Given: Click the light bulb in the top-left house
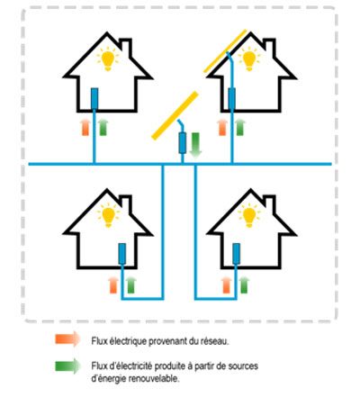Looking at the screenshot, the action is coord(108,59).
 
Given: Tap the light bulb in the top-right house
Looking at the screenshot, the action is coord(248,59).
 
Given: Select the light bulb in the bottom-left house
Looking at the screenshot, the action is coord(108,216).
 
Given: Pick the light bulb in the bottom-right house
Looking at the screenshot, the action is coord(249,216).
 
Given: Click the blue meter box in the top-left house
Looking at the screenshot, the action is coord(94,98).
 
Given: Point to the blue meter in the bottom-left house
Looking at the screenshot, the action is coord(121,254).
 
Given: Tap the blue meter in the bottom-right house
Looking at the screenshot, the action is coord(236,254).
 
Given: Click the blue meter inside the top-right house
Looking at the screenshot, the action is coord(231,98).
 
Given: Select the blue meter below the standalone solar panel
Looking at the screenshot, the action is coord(183,143).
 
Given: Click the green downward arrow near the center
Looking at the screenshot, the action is coord(195,145).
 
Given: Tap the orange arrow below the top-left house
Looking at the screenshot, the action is coord(85,127).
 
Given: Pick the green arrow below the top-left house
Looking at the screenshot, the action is coord(103,127).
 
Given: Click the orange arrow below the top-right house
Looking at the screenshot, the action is coord(222,127).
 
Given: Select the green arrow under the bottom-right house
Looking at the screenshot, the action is coord(244,285).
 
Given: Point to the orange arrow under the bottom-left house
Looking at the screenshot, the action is coord(113,285).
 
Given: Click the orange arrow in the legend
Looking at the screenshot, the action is coord(67,339).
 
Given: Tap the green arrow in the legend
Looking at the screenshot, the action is coord(67,365).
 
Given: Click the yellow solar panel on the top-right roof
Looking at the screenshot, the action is coord(225,51).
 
